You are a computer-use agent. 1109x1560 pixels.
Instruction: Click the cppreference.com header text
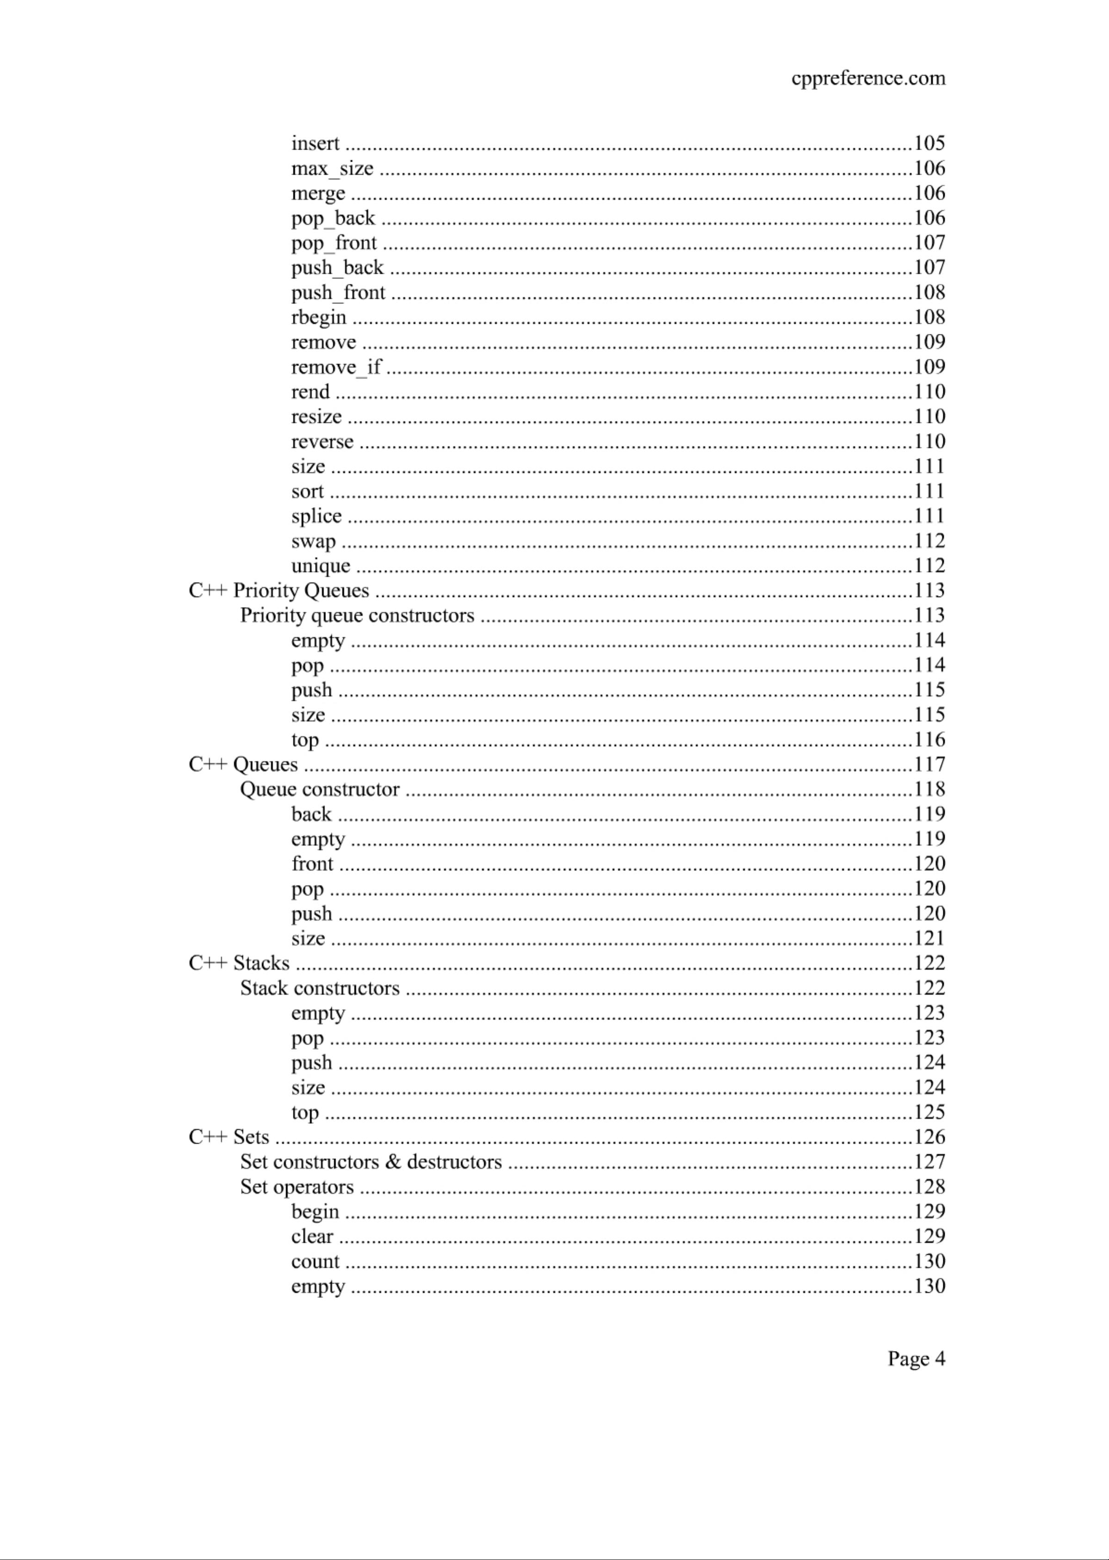coord(868,79)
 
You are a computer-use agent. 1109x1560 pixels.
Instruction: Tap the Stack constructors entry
coord(320,988)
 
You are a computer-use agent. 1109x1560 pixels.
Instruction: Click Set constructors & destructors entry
coord(371,1162)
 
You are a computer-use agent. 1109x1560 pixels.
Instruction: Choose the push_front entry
coord(338,293)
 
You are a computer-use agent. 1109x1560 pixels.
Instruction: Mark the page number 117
coord(929,764)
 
